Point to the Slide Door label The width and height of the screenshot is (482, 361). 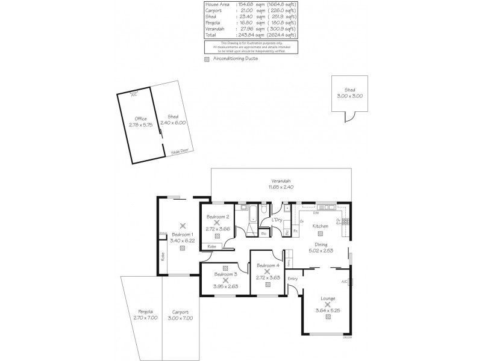click(179, 152)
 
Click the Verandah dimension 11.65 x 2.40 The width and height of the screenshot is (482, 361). click(280, 187)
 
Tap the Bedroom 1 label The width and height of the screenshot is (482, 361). click(182, 235)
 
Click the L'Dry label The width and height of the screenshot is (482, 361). click(277, 220)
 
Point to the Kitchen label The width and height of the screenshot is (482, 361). click(320, 226)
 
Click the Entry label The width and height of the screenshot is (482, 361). click(293, 278)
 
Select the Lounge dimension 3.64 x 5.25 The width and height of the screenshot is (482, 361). click(328, 310)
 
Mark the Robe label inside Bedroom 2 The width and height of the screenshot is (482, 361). click(212, 246)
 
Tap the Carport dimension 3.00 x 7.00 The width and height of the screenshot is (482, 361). click(180, 317)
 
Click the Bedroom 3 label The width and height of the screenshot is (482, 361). click(225, 274)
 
